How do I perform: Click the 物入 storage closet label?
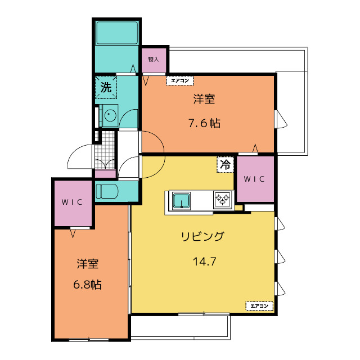pos(154,59)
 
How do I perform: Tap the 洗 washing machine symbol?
pos(106,87)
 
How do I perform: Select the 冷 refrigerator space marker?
pos(225,164)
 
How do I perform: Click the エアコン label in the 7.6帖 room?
pos(180,80)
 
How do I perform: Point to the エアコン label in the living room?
pos(259,306)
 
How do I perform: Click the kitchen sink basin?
pos(181,200)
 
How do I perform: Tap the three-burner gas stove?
pos(222,199)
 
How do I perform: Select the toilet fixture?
pos(107,191)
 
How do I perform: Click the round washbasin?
pos(110,115)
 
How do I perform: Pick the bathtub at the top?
pos(118,33)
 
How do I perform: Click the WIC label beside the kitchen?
pos(254,179)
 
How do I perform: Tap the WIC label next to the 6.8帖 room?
pos(72,202)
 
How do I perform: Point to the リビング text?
pos(202,236)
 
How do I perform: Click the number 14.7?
pos(205,262)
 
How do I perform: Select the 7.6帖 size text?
pos(204,124)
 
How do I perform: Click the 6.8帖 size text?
pos(87,285)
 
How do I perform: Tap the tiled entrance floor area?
pos(105,150)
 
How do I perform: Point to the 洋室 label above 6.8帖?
pos(88,264)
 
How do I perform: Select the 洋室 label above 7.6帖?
pos(204,99)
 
